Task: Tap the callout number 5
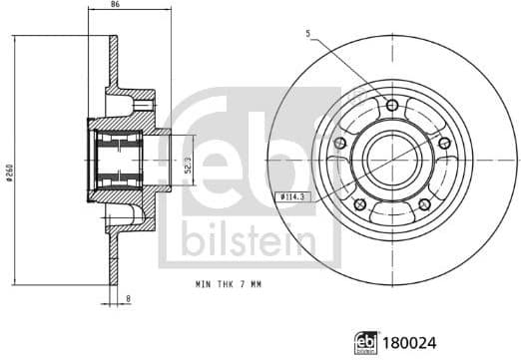(309, 36)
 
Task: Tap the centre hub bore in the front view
(390, 156)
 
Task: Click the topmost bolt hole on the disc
(390, 106)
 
